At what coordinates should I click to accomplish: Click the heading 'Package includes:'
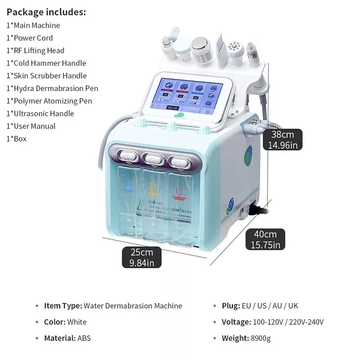(46, 12)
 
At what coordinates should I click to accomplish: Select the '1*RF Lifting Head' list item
(35, 50)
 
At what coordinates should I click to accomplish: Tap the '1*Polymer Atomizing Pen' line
(49, 101)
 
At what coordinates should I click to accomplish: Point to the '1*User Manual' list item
(31, 126)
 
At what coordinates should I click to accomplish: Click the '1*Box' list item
(16, 139)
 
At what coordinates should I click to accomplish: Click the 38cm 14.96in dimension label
(284, 140)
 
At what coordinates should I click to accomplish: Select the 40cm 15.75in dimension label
(265, 239)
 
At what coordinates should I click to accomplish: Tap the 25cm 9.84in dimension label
(142, 257)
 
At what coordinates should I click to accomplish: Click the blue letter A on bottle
(128, 185)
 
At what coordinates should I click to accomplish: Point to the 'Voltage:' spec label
(236, 322)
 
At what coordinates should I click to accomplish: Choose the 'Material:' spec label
(60, 338)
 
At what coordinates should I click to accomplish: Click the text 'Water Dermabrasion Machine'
(133, 306)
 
